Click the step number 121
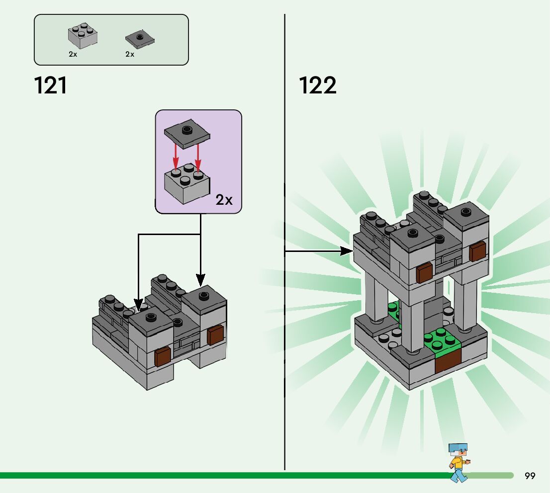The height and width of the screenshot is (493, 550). coord(51,85)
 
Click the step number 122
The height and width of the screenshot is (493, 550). coord(318,85)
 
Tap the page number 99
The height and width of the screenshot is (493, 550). coord(530,476)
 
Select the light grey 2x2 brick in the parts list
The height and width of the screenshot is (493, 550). coord(83,36)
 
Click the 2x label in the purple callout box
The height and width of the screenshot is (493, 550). coord(224,200)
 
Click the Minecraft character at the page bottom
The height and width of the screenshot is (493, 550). coord(458,462)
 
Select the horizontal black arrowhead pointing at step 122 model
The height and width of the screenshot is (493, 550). coord(346,251)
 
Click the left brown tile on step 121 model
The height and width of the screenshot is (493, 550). coord(163,357)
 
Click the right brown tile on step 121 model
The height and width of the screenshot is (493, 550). coord(215,335)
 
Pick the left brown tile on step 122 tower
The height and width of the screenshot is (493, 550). coord(424,273)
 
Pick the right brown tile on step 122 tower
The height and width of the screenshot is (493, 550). coord(477,252)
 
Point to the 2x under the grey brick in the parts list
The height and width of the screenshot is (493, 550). coord(73,54)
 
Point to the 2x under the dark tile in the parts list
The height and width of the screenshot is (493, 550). coord(130,54)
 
